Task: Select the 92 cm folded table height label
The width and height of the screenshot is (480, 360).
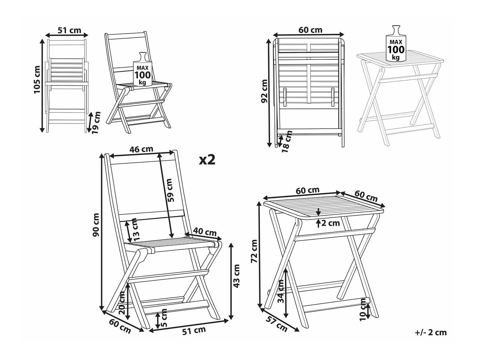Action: pos(265,91)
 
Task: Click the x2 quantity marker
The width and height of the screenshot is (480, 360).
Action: pos(206,159)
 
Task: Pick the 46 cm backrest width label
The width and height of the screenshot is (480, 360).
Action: pos(142,150)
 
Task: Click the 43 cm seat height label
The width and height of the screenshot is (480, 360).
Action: pos(237,275)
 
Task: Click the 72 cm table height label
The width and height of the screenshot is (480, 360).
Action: pos(254,251)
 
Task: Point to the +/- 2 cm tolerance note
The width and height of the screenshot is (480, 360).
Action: pos(431,332)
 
